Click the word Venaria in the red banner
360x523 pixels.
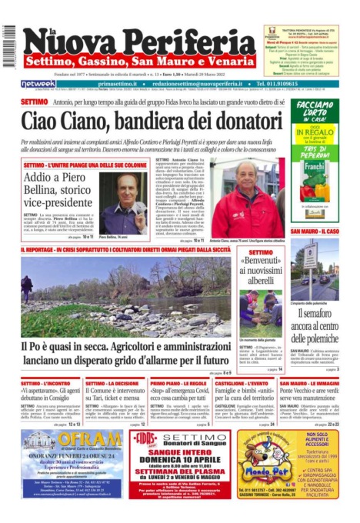(x=227, y=60)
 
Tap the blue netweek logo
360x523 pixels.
(x=38, y=83)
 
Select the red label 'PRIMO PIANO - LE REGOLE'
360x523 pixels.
(x=175, y=383)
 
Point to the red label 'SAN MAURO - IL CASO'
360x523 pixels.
(x=314, y=232)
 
